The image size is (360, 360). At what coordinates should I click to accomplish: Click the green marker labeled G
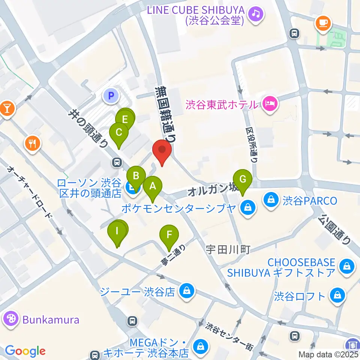243,180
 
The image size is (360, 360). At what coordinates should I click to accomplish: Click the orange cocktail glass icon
7,109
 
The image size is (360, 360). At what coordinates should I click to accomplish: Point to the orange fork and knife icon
33,143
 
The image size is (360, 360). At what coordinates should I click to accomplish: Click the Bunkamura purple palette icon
11,319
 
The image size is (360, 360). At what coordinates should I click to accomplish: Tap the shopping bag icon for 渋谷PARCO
271,201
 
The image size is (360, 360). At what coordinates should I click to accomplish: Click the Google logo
25,351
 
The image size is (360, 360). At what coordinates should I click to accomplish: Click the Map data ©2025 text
328,354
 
